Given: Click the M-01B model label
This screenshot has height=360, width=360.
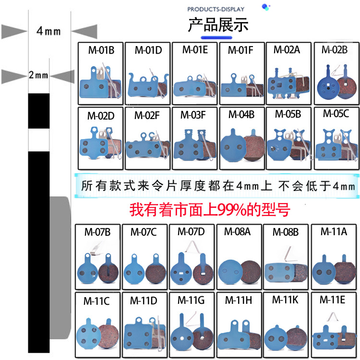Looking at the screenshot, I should click(x=101, y=49).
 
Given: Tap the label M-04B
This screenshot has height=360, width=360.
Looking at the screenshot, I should click(x=241, y=114).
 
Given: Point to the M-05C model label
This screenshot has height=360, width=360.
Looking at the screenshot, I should click(x=336, y=114).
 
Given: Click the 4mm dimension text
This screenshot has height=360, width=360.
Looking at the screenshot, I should click(x=49, y=31).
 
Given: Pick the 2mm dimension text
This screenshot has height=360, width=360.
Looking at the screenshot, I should click(x=38, y=75).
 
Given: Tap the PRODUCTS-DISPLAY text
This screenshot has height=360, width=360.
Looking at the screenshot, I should click(x=216, y=9).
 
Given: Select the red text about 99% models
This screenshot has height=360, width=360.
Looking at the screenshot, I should click(x=210, y=210).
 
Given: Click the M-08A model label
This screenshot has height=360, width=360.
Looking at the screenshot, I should click(x=237, y=232).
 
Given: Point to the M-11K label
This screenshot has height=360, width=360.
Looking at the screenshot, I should click(x=285, y=300).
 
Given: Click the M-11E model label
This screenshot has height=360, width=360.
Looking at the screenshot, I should click(x=332, y=300).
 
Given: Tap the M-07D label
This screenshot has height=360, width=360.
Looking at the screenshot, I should click(x=191, y=231).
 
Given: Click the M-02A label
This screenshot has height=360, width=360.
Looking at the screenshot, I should click(x=287, y=49).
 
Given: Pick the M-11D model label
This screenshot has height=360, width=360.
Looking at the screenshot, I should click(x=144, y=301).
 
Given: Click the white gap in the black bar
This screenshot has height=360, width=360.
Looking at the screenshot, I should click(x=38, y=140).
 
